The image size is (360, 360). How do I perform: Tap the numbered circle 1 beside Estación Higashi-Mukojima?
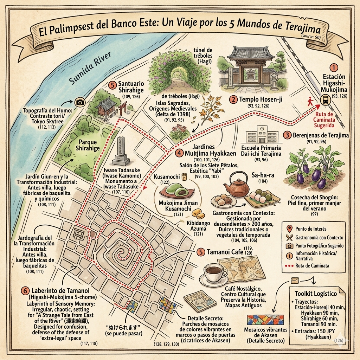tap(334, 67)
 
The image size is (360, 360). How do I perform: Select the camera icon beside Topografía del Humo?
tap(80, 102)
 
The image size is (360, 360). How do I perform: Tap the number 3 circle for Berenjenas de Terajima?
tap(288, 135)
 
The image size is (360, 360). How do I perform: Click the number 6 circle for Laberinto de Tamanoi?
tap(25, 291)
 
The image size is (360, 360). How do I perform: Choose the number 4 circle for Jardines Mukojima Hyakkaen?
tap(179, 154)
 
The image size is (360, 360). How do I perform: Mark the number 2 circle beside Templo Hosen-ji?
tap(233, 99)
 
